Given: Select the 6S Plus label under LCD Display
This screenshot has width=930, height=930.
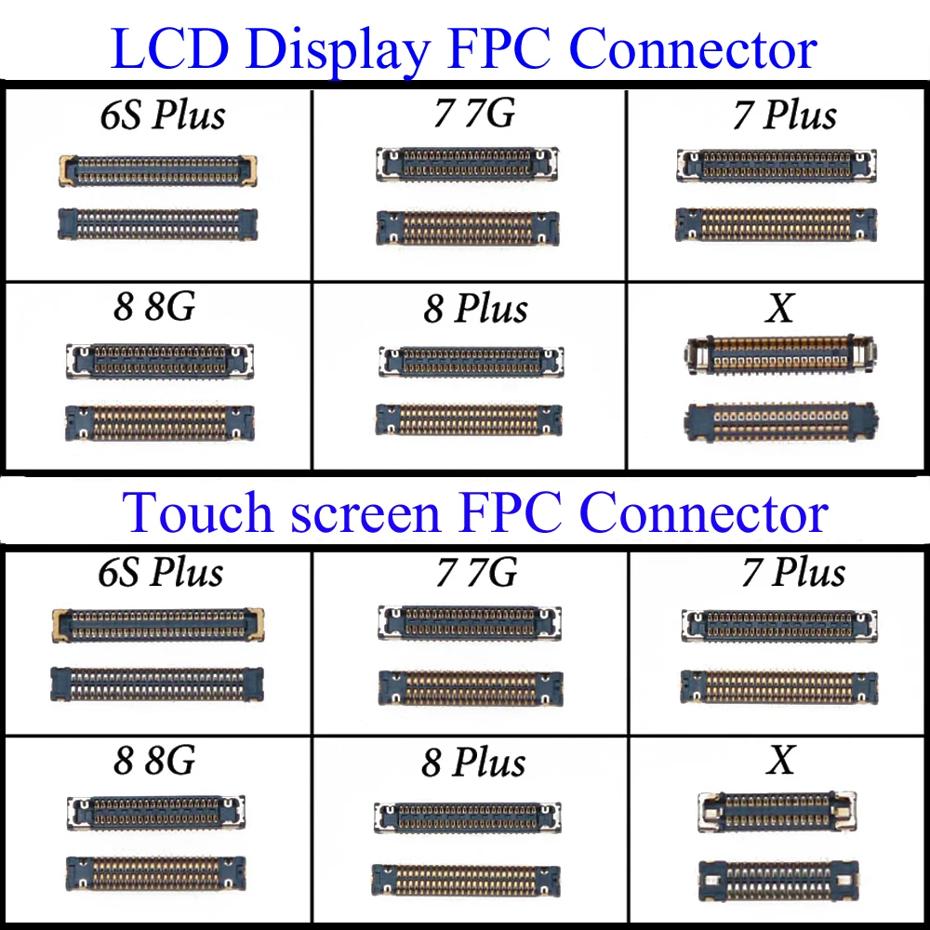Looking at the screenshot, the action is [163, 115].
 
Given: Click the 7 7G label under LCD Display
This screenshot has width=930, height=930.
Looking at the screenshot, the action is [473, 113].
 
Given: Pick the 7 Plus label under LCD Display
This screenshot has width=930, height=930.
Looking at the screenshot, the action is [785, 115].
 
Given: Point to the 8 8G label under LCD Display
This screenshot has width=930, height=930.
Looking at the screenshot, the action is [154, 306].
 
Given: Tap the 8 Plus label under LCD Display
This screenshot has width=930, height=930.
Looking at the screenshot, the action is [475, 308].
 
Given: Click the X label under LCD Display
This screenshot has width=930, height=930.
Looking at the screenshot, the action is [779, 307].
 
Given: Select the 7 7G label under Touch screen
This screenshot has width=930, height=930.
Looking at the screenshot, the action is [477, 572].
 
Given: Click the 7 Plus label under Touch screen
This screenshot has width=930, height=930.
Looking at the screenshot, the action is [793, 572].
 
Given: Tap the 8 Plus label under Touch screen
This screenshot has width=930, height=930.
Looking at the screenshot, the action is [473, 763].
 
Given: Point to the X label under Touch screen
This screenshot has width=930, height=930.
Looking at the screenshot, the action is [781, 761].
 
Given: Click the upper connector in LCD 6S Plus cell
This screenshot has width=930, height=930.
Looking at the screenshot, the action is [157, 169].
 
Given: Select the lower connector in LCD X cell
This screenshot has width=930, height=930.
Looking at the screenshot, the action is [780, 420].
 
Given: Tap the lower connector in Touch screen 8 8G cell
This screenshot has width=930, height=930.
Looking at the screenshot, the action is [156, 871].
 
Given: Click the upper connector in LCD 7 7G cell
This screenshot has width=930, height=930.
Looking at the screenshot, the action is [467, 164].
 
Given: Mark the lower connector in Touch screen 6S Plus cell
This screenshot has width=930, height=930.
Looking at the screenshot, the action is [157, 684].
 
